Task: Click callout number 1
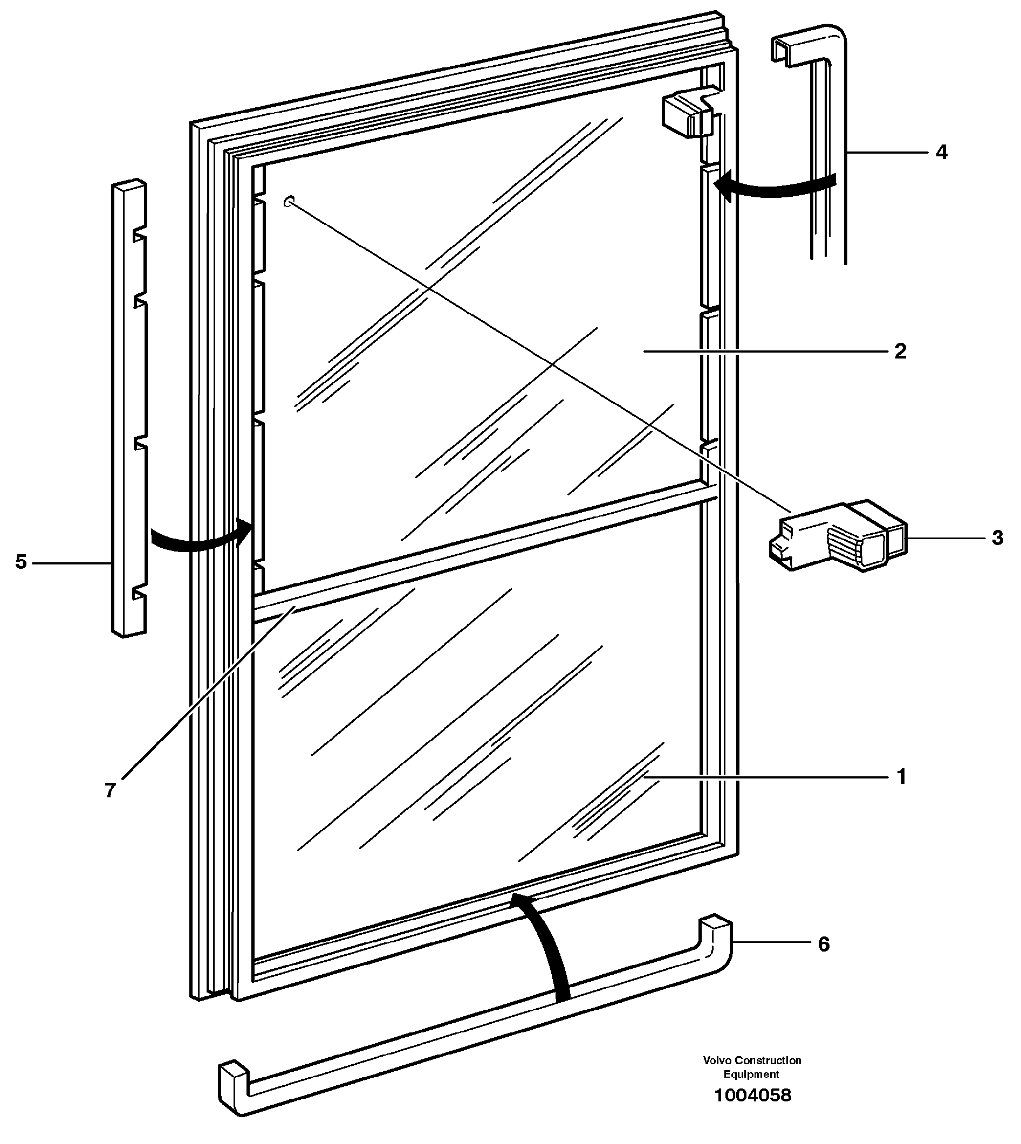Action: point(901,777)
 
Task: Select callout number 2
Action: point(900,352)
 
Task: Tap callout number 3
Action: point(997,538)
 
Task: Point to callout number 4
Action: point(942,152)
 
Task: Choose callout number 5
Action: point(20,561)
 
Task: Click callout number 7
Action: point(110,791)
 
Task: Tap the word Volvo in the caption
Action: point(717,1060)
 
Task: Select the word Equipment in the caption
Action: point(751,1074)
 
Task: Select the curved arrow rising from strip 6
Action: point(547,948)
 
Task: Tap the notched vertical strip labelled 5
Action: point(129,409)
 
